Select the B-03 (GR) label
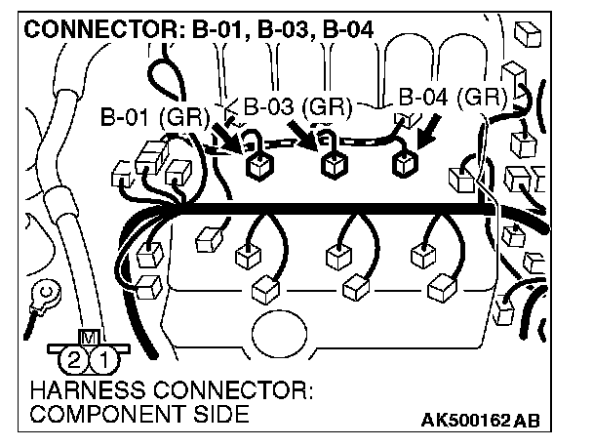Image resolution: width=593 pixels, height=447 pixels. tap(297, 106)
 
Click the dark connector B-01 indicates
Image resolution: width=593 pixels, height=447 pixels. tap(258, 167)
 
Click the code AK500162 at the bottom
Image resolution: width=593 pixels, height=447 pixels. tap(467, 421)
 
